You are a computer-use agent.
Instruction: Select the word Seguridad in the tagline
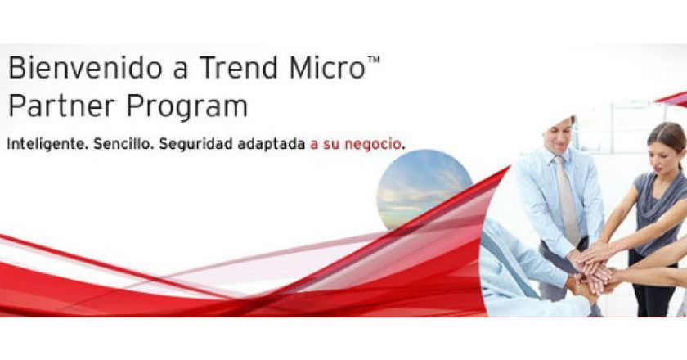pos(194,144)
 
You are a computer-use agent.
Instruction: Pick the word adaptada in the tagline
pos(269,143)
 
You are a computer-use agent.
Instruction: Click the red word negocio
pos(374,144)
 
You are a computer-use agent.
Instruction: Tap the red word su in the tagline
pos(331,144)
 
